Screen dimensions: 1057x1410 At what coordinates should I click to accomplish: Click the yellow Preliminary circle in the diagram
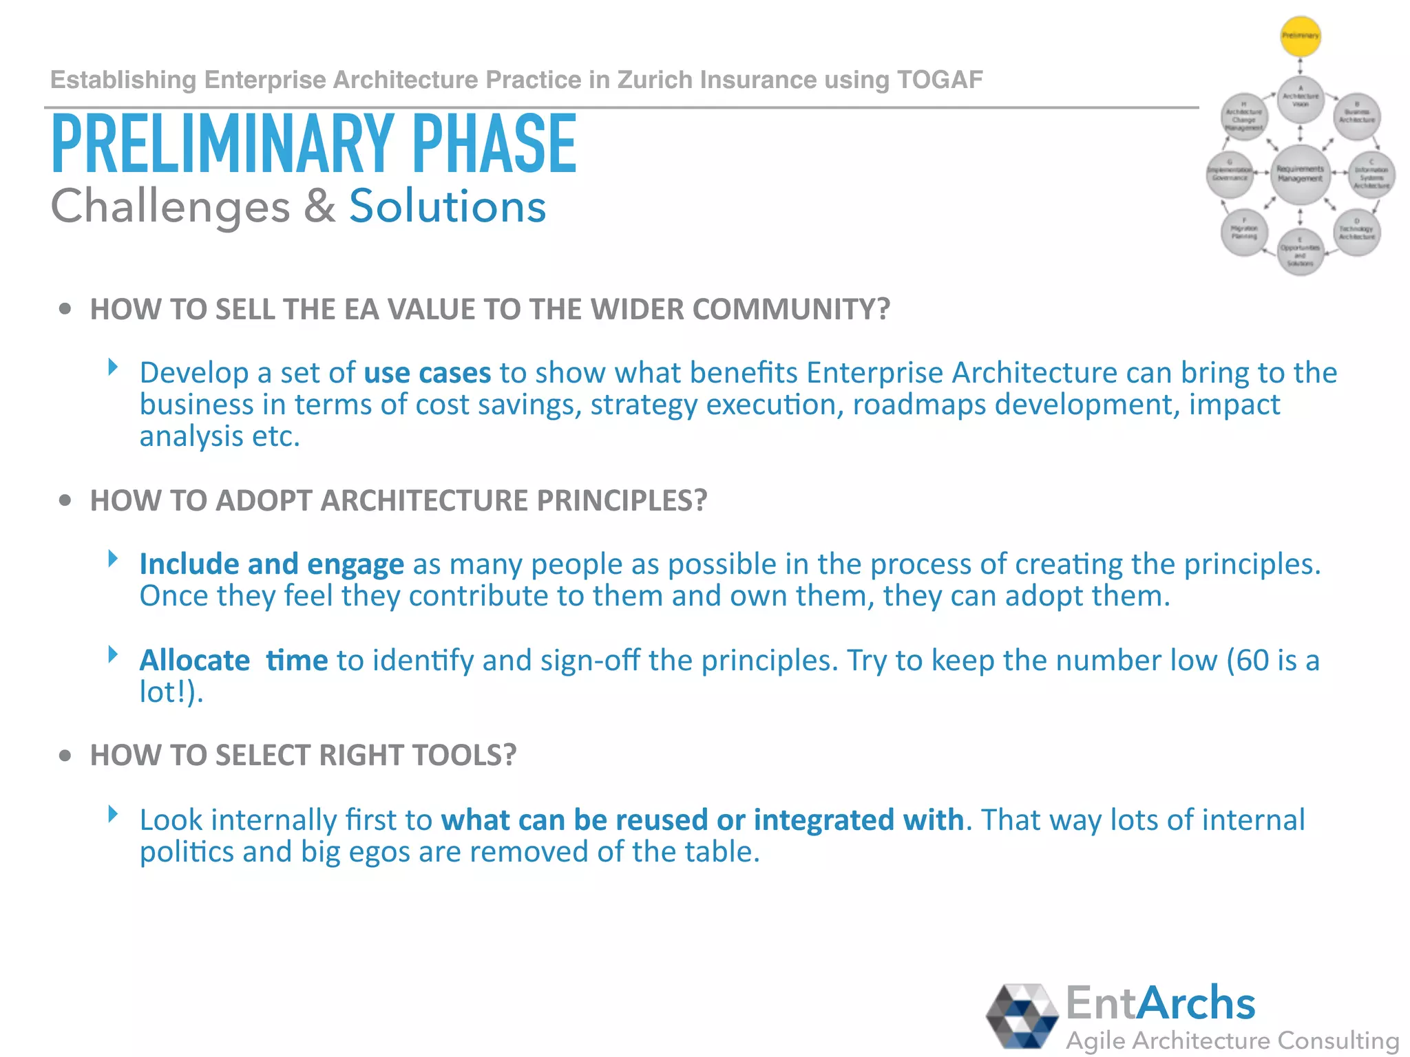pos(1300,36)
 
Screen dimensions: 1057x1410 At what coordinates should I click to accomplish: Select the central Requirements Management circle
pos(1300,173)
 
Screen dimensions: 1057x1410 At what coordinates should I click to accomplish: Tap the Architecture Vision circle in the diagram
pos(1300,98)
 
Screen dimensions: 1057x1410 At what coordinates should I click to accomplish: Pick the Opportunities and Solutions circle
pos(1300,253)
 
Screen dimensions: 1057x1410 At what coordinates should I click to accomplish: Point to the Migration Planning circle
pos(1244,232)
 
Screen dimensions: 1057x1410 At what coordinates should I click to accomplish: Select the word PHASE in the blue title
pos(494,145)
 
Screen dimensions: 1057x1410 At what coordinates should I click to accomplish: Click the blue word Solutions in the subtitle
pos(448,206)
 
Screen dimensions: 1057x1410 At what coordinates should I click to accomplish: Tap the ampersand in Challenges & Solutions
pos(319,206)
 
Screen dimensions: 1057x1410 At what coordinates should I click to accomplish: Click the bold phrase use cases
pos(427,373)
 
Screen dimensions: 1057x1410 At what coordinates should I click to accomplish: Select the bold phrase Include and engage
pos(271,564)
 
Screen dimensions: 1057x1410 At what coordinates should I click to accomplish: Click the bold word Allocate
pos(194,661)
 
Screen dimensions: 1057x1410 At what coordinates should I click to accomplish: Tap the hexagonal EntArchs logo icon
pos(1022,1016)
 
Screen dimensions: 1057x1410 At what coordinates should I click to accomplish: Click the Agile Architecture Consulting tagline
pos(1232,1040)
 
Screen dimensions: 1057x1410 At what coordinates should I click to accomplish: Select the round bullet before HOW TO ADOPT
pos(65,500)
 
